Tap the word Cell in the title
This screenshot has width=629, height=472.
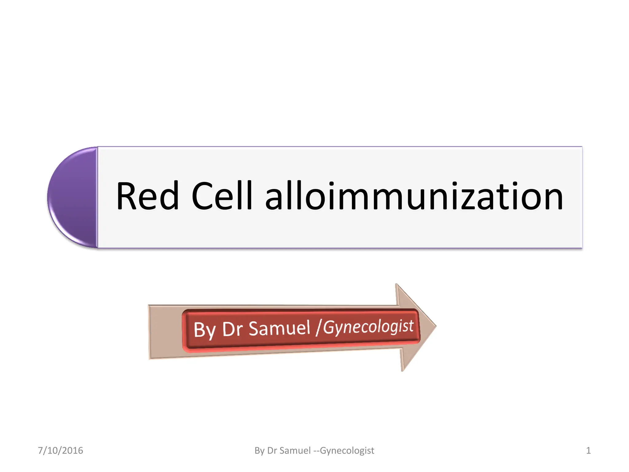[x=222, y=197]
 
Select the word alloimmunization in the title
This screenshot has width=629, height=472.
[x=414, y=197]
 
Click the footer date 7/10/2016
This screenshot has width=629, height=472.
[x=61, y=450]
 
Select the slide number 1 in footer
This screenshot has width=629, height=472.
[x=588, y=450]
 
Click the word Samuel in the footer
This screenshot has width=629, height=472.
[x=295, y=450]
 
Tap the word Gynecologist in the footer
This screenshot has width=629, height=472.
[x=347, y=450]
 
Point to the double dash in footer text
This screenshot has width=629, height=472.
[x=316, y=451]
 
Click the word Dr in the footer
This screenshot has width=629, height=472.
[x=272, y=450]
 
